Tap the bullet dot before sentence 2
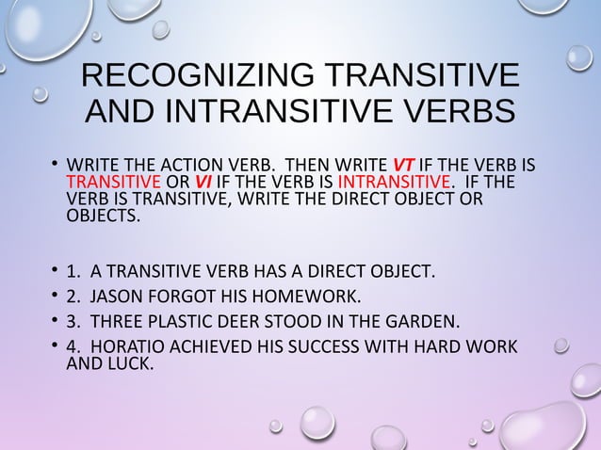54,297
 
